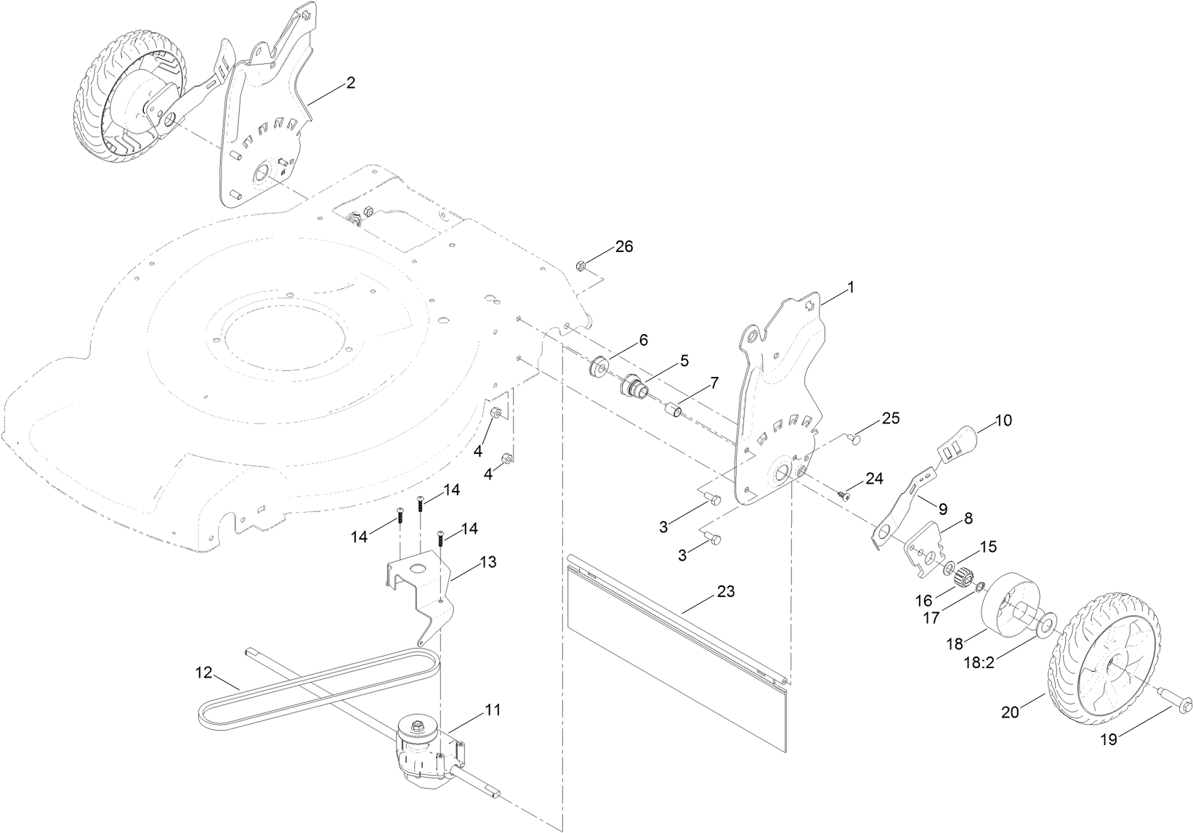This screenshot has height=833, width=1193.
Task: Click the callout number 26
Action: (x=624, y=247)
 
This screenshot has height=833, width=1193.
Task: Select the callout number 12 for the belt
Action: (x=203, y=672)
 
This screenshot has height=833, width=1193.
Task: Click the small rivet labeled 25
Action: (x=854, y=438)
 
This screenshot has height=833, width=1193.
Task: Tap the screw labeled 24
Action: (x=844, y=495)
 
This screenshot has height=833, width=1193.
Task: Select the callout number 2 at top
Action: (x=350, y=83)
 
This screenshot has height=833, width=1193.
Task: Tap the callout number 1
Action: (x=850, y=288)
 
